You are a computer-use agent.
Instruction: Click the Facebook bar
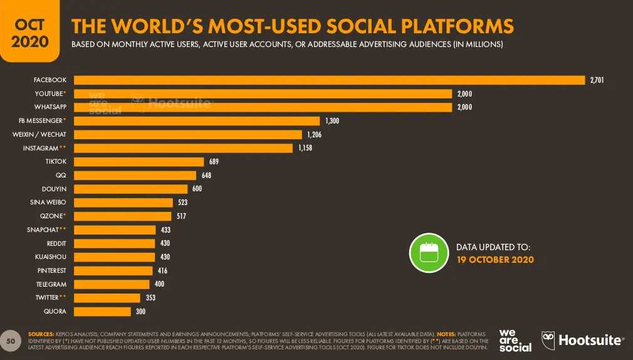(x=330, y=80)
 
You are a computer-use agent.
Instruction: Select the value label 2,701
(x=596, y=80)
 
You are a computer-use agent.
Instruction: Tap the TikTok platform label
(x=55, y=162)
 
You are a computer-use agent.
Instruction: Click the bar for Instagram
(x=183, y=148)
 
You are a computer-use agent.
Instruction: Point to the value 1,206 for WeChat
(x=313, y=135)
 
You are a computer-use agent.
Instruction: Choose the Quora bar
(x=102, y=311)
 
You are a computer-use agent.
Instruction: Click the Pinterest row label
(x=52, y=270)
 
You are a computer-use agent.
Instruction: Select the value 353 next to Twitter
(x=150, y=298)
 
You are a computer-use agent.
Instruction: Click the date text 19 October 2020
(x=495, y=260)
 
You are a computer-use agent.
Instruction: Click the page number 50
(x=10, y=340)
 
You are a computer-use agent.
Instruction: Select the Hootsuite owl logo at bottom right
(x=548, y=340)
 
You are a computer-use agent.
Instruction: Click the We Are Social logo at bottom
(x=515, y=340)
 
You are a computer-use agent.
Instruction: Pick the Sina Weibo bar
(x=123, y=203)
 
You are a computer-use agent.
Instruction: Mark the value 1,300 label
(x=332, y=121)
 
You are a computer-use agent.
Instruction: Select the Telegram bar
(x=112, y=284)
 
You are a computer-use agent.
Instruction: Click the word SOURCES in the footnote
(x=41, y=334)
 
